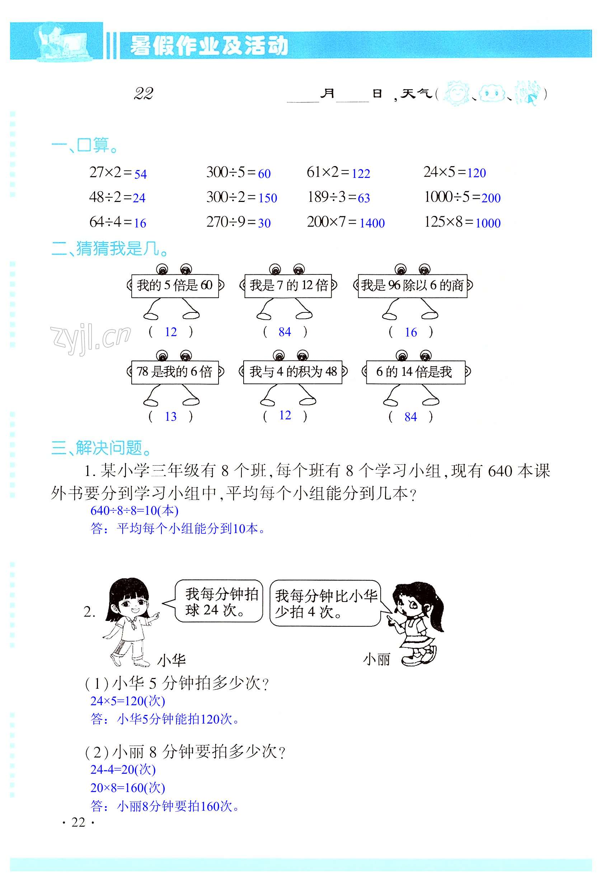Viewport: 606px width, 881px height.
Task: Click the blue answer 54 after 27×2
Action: pyautogui.click(x=140, y=174)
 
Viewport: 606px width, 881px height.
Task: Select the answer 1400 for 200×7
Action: pyautogui.click(x=372, y=223)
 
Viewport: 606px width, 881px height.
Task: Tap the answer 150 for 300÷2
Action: pyautogui.click(x=267, y=198)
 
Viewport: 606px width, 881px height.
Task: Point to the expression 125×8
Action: pyautogui.click(x=443, y=222)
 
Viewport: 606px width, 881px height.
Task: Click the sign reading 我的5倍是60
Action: pyautogui.click(x=175, y=285)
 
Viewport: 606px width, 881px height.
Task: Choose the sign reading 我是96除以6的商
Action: pyautogui.click(x=412, y=286)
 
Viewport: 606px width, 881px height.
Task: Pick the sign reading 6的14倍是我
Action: pyautogui.click(x=415, y=372)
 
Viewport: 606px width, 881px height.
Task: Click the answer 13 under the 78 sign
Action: pyautogui.click(x=170, y=416)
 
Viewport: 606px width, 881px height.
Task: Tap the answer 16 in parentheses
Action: pyautogui.click(x=410, y=332)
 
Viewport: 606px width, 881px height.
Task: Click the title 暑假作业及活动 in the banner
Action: pyautogui.click(x=208, y=46)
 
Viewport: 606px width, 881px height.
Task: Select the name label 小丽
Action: pyautogui.click(x=376, y=659)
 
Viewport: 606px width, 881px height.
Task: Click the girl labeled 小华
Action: pyautogui.click(x=129, y=622)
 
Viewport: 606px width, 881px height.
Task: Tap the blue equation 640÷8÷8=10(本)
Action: pyautogui.click(x=135, y=510)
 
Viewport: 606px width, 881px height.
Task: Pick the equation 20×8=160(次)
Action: pyautogui.click(x=128, y=788)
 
